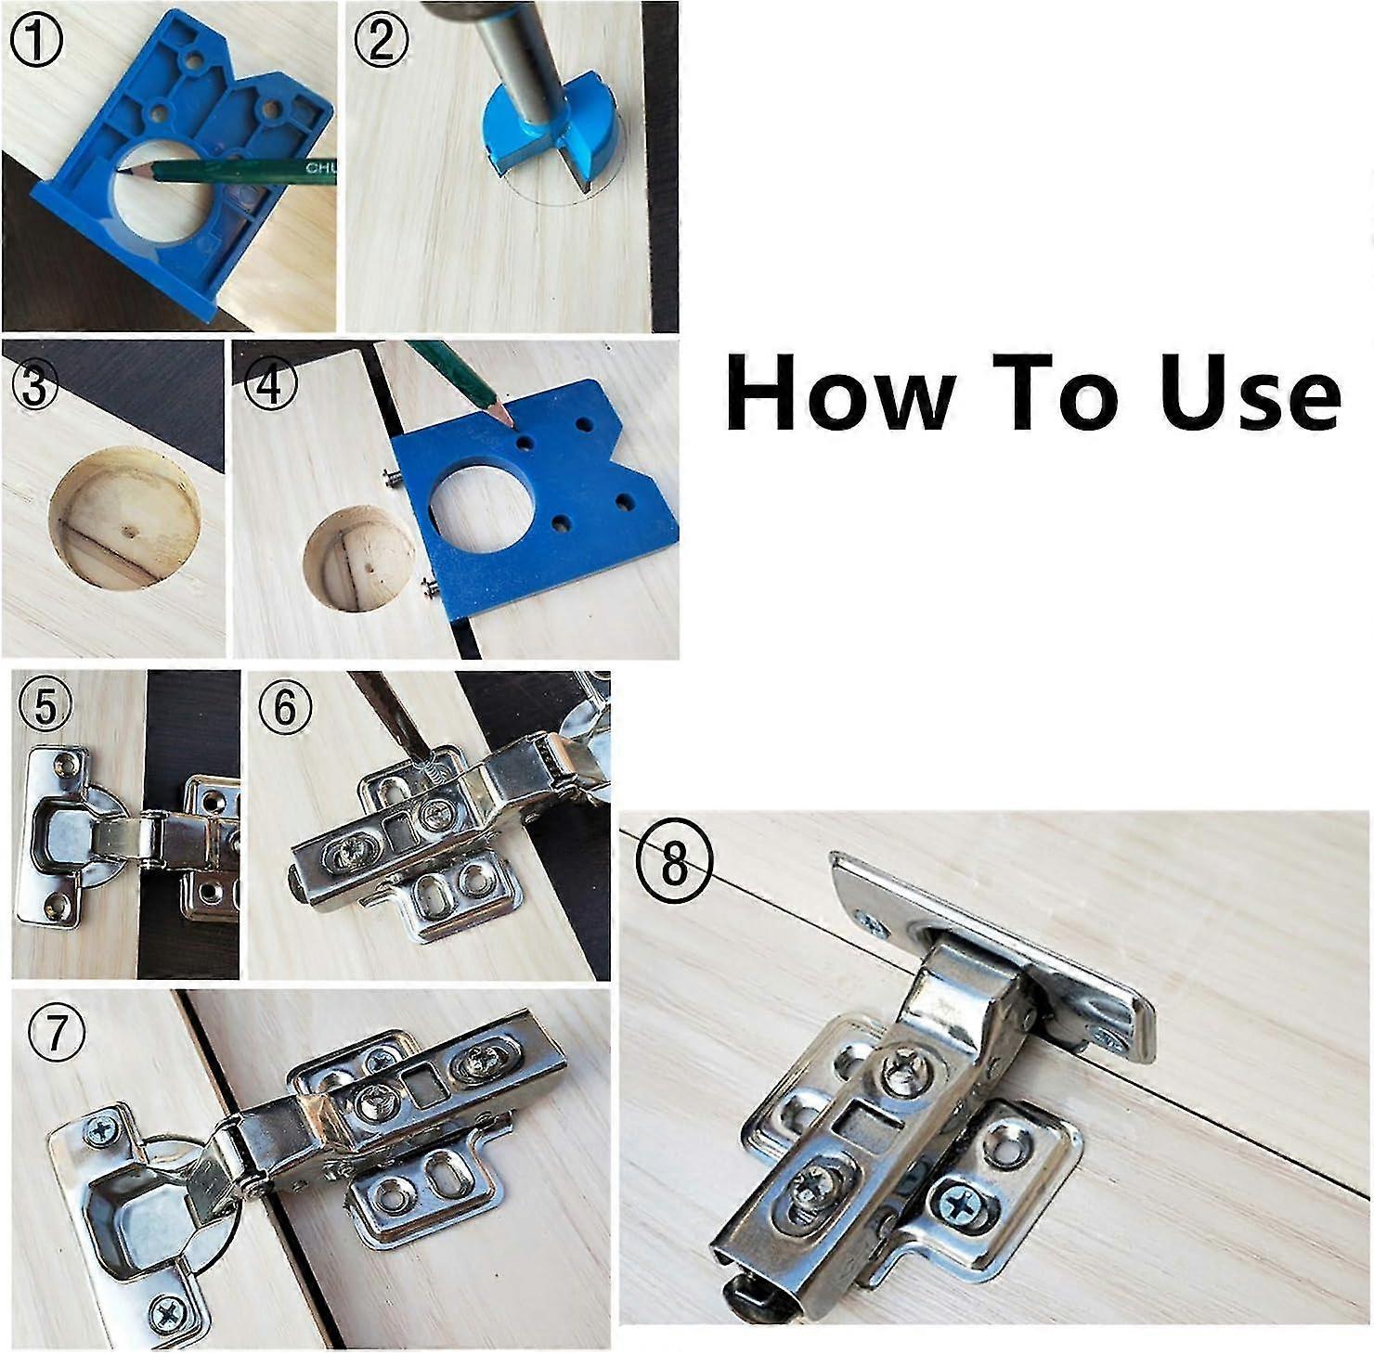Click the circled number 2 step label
coord(380,42)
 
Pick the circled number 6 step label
coord(285,708)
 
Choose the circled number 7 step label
coord(57,1032)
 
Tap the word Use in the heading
coord(1250,392)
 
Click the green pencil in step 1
coord(241,170)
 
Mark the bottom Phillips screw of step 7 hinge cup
coord(168,1312)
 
